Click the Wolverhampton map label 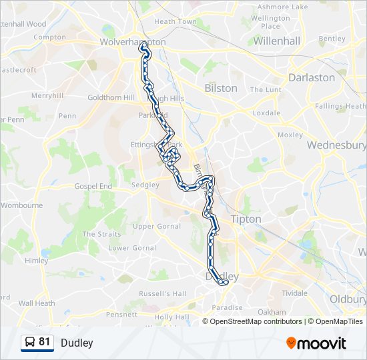[132, 41]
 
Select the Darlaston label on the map [312, 77]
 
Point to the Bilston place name [221, 88]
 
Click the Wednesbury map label [337, 145]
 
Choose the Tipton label [246, 219]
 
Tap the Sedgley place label [145, 185]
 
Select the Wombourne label [21, 205]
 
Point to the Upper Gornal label [153, 226]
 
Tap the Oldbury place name [347, 299]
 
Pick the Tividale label [294, 293]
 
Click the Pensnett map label [121, 314]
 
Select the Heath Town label [175, 21]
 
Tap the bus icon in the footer [29, 343]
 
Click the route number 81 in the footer [45, 342]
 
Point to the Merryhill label [47, 95]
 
